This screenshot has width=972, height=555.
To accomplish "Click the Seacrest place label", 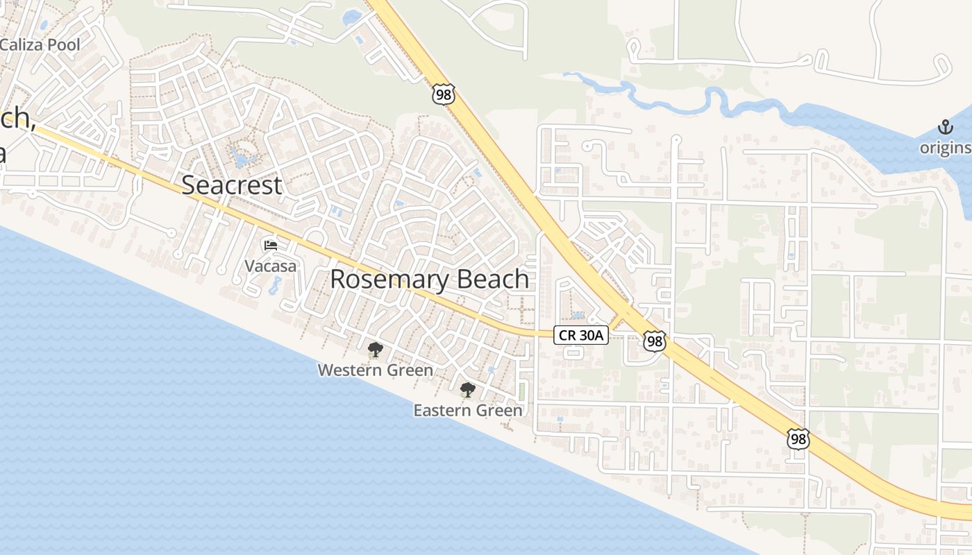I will coord(231,185).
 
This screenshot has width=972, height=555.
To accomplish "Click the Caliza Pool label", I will coord(40,45).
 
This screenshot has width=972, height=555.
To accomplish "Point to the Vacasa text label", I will coord(270,266).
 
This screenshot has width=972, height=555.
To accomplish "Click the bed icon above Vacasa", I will coord(270,245).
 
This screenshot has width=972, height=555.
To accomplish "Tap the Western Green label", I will coord(375,370).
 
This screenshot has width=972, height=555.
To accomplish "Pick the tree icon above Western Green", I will coord(375,349).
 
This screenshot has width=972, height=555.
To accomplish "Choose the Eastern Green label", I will coord(467,411).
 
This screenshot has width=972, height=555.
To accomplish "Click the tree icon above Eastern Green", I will coord(467,389).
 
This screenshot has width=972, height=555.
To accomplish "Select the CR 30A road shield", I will coord(582,336).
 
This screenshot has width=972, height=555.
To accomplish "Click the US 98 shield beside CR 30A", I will coord(654,340).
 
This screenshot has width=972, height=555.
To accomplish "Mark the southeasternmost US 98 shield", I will coord(798,438).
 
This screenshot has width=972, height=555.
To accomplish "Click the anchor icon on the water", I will coord(945,126).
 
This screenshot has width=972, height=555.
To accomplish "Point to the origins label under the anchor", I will coord(946,148).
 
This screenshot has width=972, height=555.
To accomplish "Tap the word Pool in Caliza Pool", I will coord(63,45).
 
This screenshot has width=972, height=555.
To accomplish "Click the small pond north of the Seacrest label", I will coord(242,157).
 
